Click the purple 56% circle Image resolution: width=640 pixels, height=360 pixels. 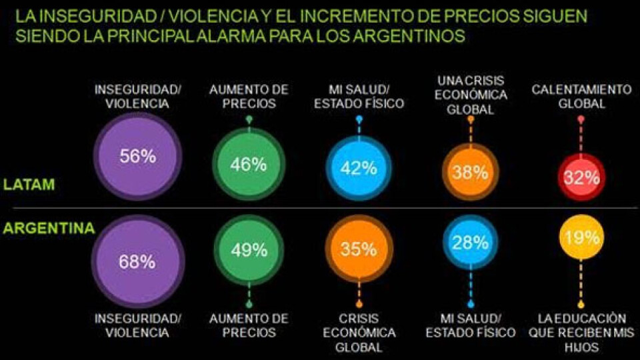138,157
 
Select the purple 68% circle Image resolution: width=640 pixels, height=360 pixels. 138,261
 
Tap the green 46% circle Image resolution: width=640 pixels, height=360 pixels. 249,165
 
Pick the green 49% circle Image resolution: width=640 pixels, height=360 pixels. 249,251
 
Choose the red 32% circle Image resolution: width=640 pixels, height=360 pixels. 581,178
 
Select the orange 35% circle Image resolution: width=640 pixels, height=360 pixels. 359,250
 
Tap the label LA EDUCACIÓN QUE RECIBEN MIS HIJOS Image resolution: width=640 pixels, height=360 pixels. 580,333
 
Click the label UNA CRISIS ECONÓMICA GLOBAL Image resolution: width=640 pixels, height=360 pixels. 471,95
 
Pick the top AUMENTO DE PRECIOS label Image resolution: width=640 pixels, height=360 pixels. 249,97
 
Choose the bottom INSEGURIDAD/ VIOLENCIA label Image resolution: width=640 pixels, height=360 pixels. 138,325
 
